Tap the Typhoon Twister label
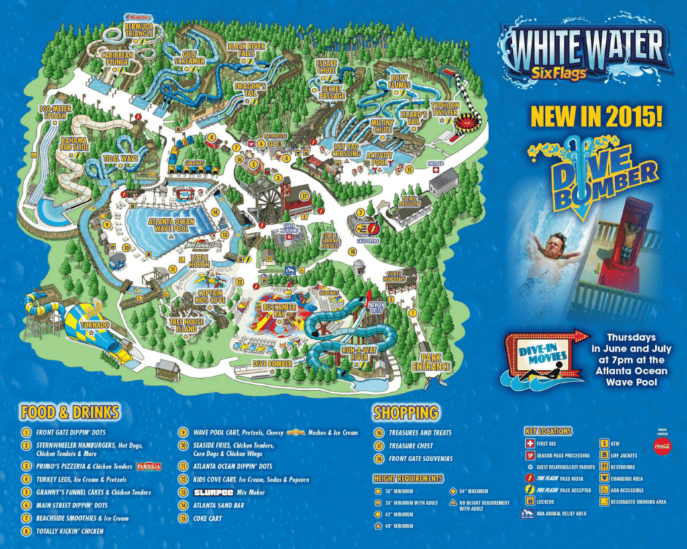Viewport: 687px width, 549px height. point(446,109)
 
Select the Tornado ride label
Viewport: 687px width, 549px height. point(95,325)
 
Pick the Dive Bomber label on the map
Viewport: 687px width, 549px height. point(272,363)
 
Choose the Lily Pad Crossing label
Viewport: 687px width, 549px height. point(346,149)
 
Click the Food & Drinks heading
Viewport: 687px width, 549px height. point(70,411)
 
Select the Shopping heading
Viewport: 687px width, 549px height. point(406,412)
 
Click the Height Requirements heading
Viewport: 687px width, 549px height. point(408,479)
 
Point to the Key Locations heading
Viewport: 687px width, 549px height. point(548,431)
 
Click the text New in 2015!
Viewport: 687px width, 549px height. point(596,116)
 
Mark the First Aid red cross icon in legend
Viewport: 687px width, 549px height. point(530,443)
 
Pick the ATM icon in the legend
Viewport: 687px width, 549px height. point(604,443)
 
